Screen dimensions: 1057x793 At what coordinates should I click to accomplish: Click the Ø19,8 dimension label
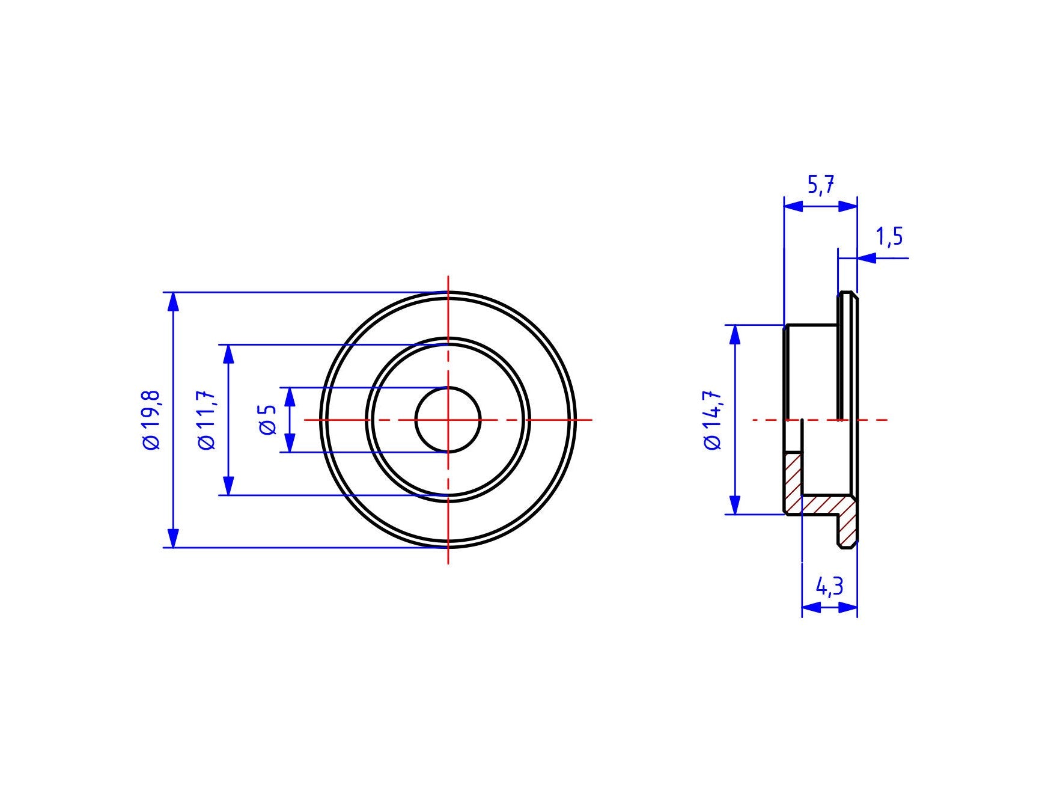(151, 420)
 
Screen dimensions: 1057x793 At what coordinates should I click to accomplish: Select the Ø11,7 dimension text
(206, 420)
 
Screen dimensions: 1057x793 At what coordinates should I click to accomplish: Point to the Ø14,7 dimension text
(713, 420)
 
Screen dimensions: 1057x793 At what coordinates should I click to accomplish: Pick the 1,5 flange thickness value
(889, 237)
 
